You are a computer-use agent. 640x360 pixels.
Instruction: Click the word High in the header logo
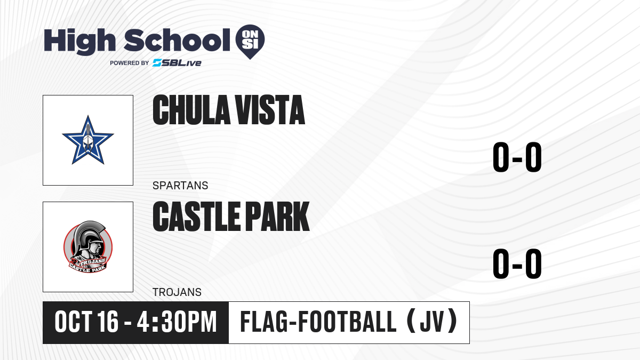[79, 41]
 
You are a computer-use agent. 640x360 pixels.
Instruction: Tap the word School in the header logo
[177, 40]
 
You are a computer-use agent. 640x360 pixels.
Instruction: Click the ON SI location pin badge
[250, 42]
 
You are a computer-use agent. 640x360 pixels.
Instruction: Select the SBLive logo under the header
[177, 63]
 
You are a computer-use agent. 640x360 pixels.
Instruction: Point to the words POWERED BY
[130, 63]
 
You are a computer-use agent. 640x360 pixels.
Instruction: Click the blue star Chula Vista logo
[88, 140]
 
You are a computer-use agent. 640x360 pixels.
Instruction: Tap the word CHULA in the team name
[191, 110]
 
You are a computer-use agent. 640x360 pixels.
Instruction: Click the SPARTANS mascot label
[180, 186]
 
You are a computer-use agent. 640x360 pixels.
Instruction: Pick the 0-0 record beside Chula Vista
[517, 157]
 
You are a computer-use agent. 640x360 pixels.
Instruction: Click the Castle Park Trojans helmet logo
[88, 246]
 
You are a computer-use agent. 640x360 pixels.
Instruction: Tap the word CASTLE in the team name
[197, 217]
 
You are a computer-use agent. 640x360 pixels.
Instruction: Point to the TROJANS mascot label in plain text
[177, 292]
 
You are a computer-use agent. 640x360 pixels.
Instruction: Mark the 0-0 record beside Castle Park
[517, 263]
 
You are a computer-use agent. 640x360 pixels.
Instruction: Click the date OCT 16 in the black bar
[86, 322]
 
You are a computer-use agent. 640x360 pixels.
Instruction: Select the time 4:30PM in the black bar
[177, 322]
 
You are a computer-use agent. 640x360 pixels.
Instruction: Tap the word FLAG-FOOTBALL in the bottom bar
[318, 322]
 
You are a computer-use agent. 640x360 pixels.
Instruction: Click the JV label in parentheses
[432, 322]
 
